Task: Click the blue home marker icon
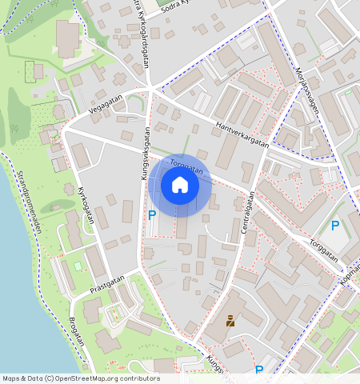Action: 180,186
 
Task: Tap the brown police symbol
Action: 230,322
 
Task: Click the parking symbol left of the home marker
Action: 152,214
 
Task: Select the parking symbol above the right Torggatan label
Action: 335,226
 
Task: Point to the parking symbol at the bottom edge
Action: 258,370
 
